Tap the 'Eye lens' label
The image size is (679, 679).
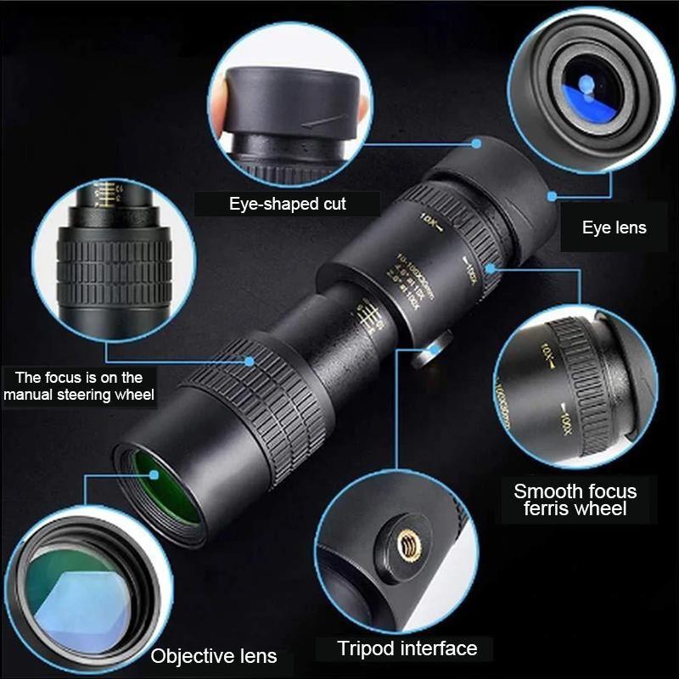coord(614,227)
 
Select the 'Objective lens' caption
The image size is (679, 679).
coord(214,655)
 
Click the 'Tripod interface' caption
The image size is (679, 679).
coord(407,649)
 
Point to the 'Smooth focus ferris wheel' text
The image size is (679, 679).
coord(575,500)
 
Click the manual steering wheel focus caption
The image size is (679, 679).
coord(78,386)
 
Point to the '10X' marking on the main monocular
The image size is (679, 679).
coord(428,222)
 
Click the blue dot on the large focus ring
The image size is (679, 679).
coord(250,361)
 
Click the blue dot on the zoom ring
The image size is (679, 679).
coord(491,271)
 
